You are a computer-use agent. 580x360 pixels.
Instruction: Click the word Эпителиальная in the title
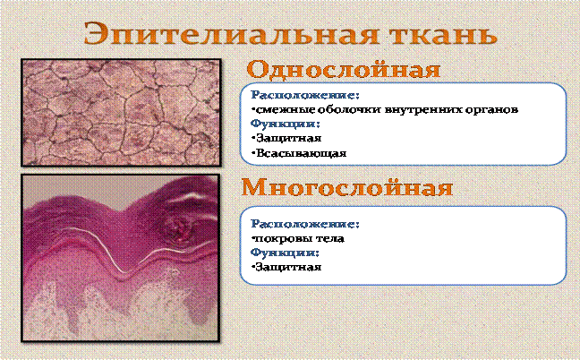click(231, 34)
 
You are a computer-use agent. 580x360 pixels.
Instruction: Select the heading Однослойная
click(344, 70)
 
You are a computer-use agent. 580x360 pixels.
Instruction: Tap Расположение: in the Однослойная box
click(305, 96)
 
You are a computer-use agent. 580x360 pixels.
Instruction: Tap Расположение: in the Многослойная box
click(305, 224)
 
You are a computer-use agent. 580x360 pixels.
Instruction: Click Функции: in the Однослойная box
click(285, 124)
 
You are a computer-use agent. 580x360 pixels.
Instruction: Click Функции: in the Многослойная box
click(285, 253)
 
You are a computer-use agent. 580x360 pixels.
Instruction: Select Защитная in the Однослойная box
click(286, 139)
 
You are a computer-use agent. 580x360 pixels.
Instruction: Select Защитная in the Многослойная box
click(286, 267)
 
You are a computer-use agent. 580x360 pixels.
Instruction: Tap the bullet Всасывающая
click(299, 153)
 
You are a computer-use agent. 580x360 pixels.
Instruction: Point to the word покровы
click(284, 239)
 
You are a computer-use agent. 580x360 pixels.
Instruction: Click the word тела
click(331, 239)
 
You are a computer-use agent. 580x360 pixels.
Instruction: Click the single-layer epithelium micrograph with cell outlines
click(121, 112)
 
